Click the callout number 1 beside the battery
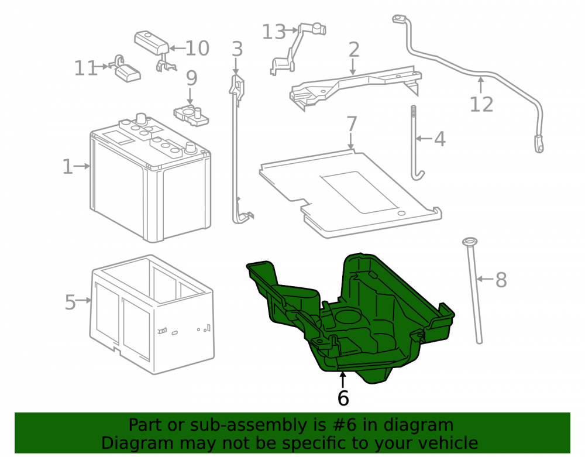point(67,166)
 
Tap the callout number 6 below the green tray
point(343,398)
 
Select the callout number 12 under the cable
point(481,104)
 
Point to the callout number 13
point(274,32)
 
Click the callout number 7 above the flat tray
point(352,124)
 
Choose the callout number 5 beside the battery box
point(70,302)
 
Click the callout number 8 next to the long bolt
point(501,280)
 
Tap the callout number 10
point(197,48)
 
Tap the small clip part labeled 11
point(126,70)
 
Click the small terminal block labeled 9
point(191,115)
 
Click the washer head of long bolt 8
point(470,241)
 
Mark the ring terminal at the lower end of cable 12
point(539,144)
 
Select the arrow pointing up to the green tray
point(342,380)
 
